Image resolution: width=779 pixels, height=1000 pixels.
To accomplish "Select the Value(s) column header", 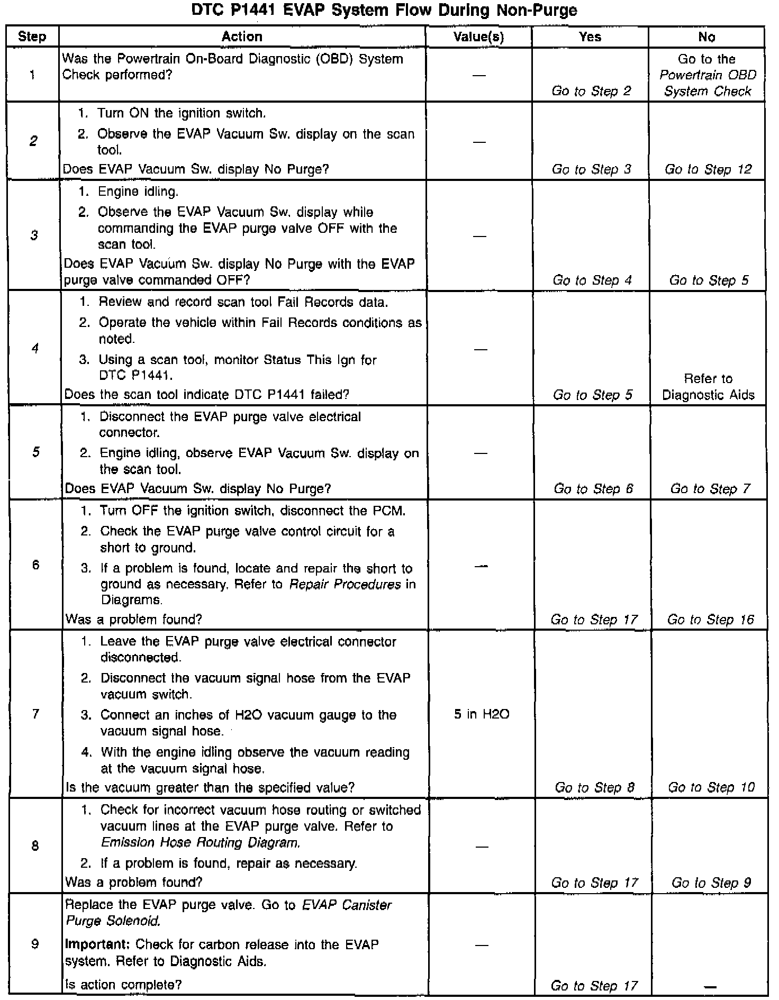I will (x=478, y=37).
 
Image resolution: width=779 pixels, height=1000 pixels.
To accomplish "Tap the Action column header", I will (x=242, y=37).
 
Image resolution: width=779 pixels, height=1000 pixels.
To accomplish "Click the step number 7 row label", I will (x=35, y=714).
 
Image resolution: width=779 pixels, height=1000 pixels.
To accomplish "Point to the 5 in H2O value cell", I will (x=481, y=714).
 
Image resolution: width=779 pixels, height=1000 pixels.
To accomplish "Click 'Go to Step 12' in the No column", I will (x=708, y=169).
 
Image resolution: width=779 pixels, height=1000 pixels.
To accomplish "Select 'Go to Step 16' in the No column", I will (x=710, y=620).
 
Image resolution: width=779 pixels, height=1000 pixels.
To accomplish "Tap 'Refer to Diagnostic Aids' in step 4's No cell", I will (x=708, y=387).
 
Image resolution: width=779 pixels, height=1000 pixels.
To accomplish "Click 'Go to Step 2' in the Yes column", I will (x=591, y=91).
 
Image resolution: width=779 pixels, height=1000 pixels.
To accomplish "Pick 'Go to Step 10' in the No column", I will (x=711, y=787).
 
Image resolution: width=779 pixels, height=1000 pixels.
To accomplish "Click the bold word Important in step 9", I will (x=98, y=944).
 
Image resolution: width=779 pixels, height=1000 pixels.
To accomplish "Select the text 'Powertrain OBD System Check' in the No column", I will (x=708, y=83).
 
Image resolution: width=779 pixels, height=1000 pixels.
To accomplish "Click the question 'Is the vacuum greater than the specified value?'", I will (x=210, y=787).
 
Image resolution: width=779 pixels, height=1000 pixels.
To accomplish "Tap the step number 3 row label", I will (x=34, y=235).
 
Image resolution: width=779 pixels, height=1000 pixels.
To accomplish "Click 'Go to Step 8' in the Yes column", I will (x=594, y=787).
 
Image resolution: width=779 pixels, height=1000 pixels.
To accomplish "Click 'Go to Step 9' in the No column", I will (x=711, y=883).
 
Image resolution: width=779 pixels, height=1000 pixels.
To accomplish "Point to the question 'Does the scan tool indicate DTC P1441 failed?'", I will (x=206, y=395).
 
